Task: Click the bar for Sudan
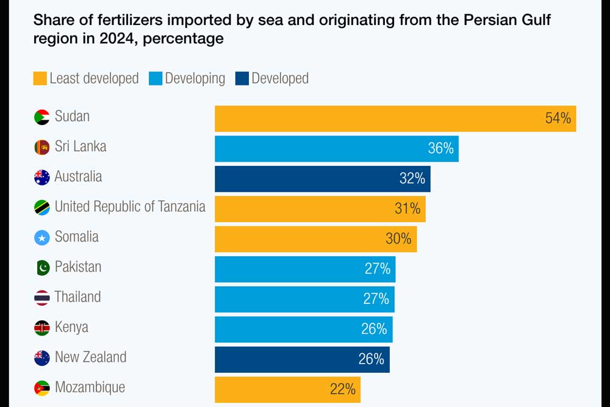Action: coord(395,118)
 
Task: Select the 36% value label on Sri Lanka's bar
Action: coord(440,148)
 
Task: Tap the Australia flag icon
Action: coord(41,178)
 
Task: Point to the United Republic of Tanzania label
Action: coord(130,206)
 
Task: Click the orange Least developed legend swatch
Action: coord(40,79)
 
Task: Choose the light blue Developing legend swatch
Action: coord(155,79)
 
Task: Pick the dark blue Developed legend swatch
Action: coord(242,79)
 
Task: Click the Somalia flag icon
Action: coord(41,237)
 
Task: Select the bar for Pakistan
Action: coord(305,268)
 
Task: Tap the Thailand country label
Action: coord(77,297)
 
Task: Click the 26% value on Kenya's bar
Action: coord(374,329)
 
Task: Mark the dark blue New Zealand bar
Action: coord(302,359)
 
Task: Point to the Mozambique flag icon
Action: coord(41,387)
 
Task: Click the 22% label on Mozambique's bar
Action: coord(342,389)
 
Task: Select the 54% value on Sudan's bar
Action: coord(558,118)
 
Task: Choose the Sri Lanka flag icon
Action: coord(41,148)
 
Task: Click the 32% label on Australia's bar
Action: coord(412,178)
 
